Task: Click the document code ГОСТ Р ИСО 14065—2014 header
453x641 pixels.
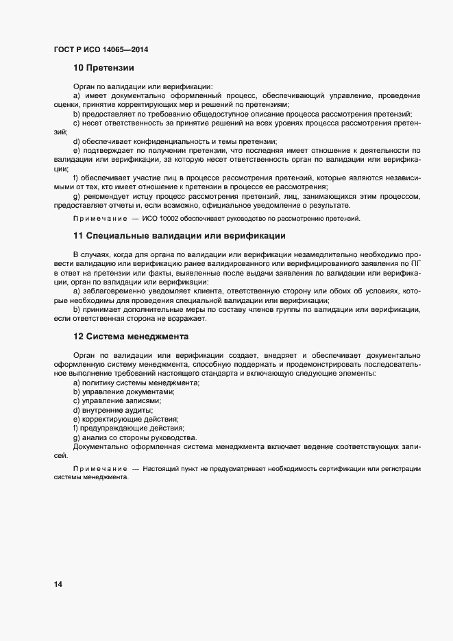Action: pyautogui.click(x=101, y=50)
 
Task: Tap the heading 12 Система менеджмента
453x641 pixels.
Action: pyautogui.click(x=130, y=337)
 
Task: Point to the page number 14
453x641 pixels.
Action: pyautogui.click(x=58, y=584)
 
